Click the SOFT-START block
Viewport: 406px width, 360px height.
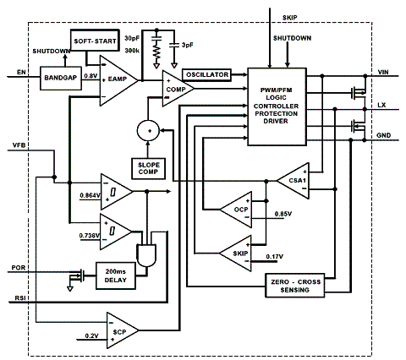(x=95, y=41)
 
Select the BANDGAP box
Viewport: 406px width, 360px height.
(x=61, y=79)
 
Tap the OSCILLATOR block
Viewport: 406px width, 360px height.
(x=207, y=75)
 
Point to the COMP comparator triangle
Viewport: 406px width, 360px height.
(x=176, y=89)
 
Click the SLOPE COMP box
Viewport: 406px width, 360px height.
(x=148, y=168)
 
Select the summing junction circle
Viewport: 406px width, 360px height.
(x=148, y=131)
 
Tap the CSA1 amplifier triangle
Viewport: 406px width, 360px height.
(x=294, y=181)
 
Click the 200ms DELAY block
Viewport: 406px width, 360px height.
(x=116, y=275)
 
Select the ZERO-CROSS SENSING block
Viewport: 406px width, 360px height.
(x=295, y=286)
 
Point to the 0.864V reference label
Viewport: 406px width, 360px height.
(x=90, y=195)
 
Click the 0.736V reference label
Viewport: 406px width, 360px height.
(x=90, y=235)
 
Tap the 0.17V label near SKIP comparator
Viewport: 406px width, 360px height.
(x=275, y=257)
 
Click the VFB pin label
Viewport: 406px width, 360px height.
(x=19, y=145)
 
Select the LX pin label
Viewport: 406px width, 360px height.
(x=381, y=105)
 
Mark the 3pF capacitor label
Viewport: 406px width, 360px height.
(x=188, y=45)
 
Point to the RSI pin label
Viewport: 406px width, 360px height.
(x=21, y=297)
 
